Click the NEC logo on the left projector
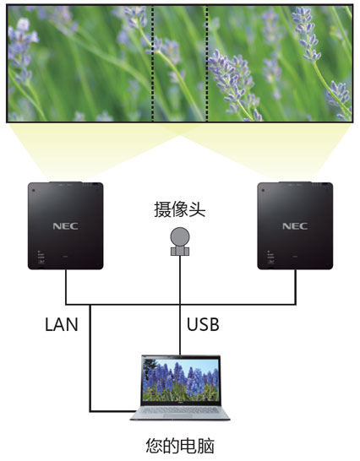65,226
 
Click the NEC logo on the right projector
295,226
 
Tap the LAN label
61,324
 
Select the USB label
203,324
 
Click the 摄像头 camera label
180,210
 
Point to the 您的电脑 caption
180,446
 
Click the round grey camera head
180,237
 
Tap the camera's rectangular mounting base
180,252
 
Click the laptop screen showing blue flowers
181,380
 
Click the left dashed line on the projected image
152,63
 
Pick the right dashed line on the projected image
207,63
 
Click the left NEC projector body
66,225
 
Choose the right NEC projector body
295,225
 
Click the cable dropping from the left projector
66,287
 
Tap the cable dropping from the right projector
295,287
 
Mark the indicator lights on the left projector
41,257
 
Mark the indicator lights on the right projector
270,257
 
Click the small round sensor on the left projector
33,190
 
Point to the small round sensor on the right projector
263,190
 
